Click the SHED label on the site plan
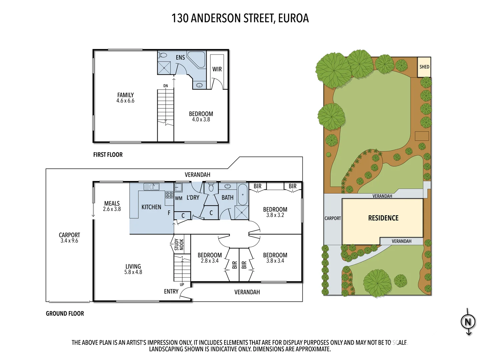click(x=424, y=67)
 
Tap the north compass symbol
click(x=468, y=322)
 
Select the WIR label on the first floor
click(x=217, y=69)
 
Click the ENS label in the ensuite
click(x=180, y=58)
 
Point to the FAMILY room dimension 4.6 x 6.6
click(x=125, y=101)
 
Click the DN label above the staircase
click(x=166, y=86)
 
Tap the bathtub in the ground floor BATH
click(x=243, y=194)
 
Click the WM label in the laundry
click(x=179, y=198)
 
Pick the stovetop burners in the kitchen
click(x=169, y=195)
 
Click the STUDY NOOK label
click(x=179, y=244)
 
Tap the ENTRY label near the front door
click(x=171, y=292)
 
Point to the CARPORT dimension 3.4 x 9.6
click(x=69, y=241)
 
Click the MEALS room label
click(x=112, y=203)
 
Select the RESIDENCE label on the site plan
click(x=383, y=218)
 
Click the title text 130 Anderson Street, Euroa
click(x=240, y=18)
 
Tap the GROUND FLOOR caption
click(x=65, y=314)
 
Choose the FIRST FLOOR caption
click(x=108, y=155)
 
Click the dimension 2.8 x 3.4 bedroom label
click(x=210, y=261)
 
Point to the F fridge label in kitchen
click(x=169, y=213)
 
